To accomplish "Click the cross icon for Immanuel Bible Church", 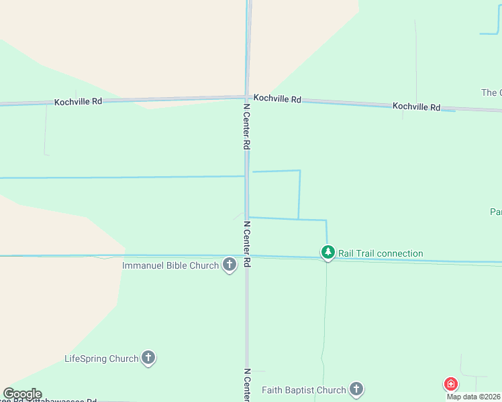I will (x=230, y=265).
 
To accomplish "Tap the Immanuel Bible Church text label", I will (x=170, y=265).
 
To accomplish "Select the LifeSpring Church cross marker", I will (x=148, y=358).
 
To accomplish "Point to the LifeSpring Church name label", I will (x=101, y=358).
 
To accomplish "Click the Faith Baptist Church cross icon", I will (x=356, y=389).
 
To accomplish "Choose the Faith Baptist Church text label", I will (x=303, y=390).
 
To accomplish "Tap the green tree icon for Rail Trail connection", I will (x=328, y=253).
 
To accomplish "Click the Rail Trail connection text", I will (x=381, y=253).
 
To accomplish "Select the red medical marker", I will (x=451, y=384).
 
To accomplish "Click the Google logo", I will (x=22, y=394).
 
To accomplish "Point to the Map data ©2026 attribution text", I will (x=474, y=397).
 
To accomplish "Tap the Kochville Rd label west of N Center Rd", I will (x=79, y=101).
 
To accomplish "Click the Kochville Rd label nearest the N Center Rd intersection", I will (x=277, y=98).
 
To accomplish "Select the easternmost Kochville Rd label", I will (x=416, y=107).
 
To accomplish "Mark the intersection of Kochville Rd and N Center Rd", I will (x=246, y=98).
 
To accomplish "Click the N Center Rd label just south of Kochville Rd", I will (x=246, y=126).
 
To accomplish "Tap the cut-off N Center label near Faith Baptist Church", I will (x=246, y=385).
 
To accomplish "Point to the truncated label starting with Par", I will (x=496, y=212).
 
